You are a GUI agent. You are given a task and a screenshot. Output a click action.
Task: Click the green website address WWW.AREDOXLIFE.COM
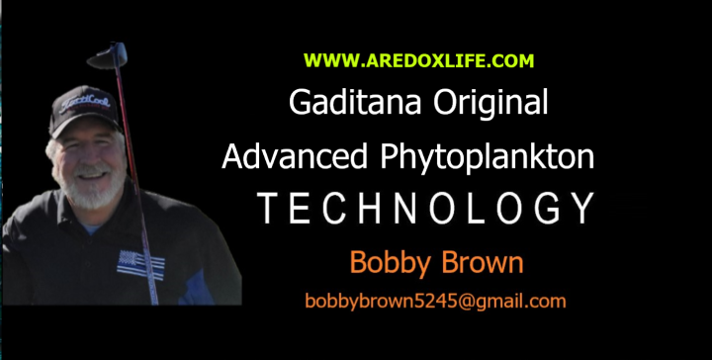(418, 61)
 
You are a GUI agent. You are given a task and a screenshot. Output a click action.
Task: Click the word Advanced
(295, 156)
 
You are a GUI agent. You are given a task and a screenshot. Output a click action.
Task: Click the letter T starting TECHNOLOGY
(268, 208)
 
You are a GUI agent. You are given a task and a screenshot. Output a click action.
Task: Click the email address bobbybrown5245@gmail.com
(435, 302)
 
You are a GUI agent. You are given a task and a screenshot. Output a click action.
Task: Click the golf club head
(108, 55)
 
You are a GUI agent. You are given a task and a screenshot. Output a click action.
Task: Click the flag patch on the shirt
(140, 265)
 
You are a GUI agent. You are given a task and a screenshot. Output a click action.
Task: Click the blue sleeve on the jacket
(196, 288)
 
